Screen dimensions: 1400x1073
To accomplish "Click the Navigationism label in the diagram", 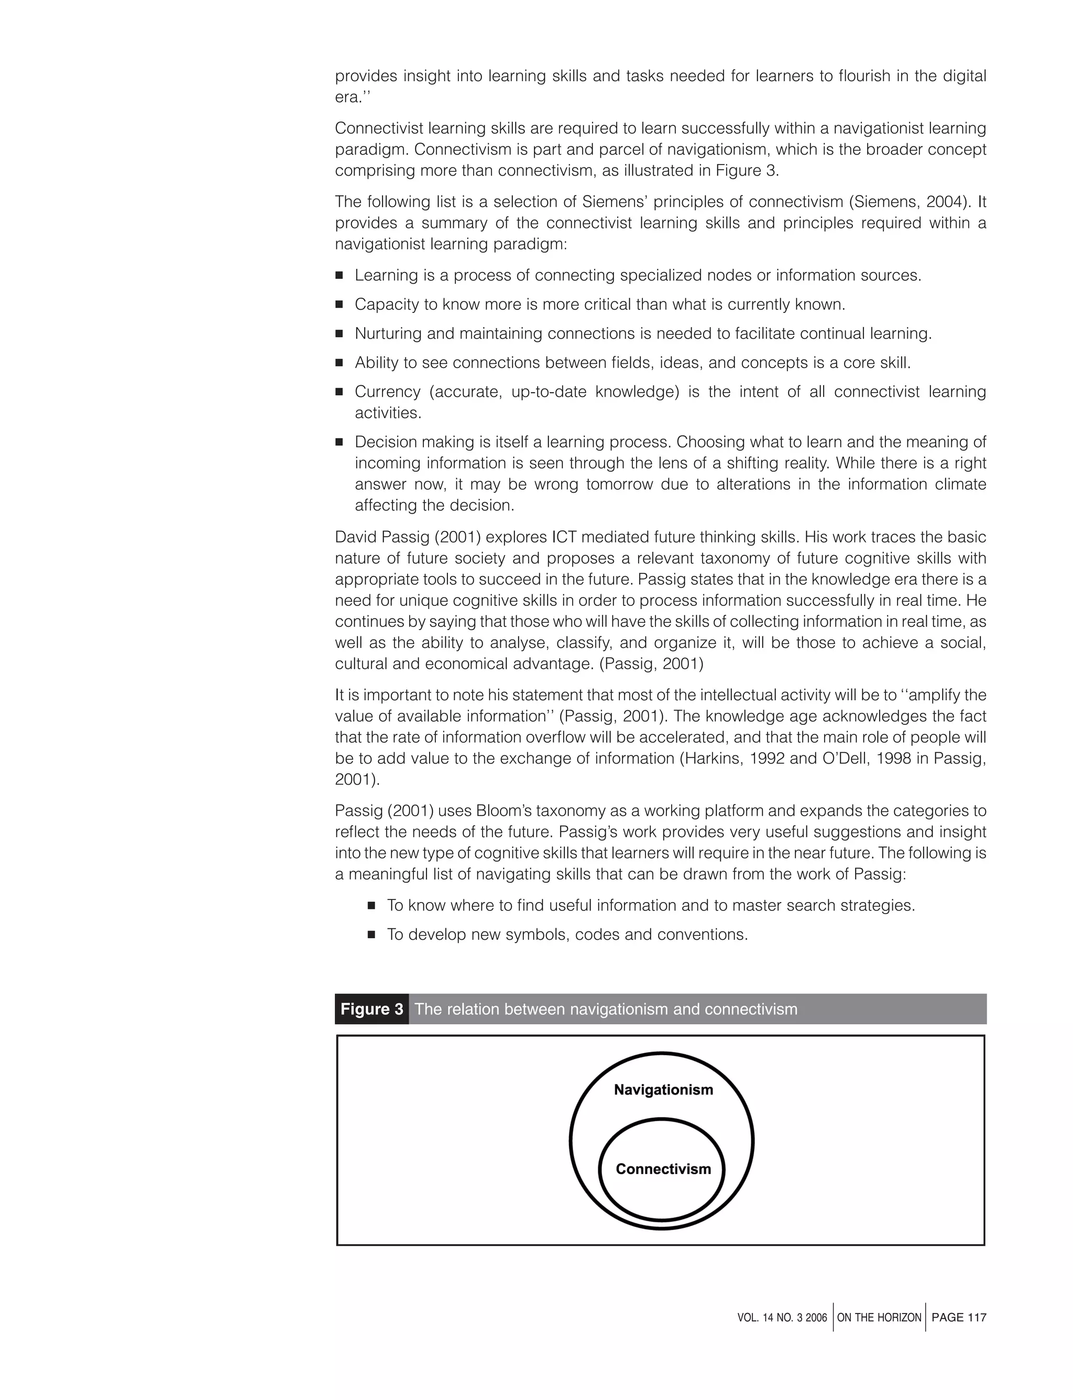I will coord(663,1090).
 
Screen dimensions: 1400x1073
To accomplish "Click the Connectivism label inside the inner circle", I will coord(663,1169).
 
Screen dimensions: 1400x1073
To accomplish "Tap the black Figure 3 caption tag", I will coord(371,1009).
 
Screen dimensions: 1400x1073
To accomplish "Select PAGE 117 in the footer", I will coord(959,1317).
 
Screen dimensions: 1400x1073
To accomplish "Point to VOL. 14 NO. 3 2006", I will coord(782,1318).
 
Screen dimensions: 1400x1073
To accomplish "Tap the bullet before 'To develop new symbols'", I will coord(371,935).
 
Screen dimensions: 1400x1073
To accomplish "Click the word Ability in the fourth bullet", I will coord(374,363).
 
